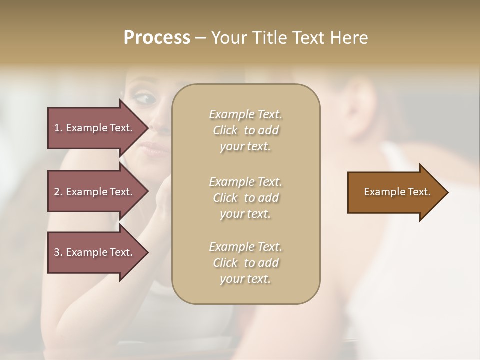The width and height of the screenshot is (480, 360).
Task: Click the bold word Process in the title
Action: (157, 38)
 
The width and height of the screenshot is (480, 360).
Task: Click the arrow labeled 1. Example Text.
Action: (95, 128)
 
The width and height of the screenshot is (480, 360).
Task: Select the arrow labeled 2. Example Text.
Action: (95, 192)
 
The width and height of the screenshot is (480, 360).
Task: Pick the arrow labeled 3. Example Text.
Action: (95, 252)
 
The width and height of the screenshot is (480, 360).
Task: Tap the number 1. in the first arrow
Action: (58, 128)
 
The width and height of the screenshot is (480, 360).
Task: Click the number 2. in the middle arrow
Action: (58, 192)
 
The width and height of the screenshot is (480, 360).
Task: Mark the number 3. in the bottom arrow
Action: (58, 252)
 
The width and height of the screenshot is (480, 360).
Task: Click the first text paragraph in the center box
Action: (245, 130)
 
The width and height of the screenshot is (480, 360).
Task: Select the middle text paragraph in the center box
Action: (245, 197)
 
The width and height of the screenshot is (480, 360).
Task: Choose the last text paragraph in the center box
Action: (245, 263)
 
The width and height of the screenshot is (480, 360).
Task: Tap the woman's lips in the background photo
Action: (153, 147)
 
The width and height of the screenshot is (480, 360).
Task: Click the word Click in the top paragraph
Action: (225, 130)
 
